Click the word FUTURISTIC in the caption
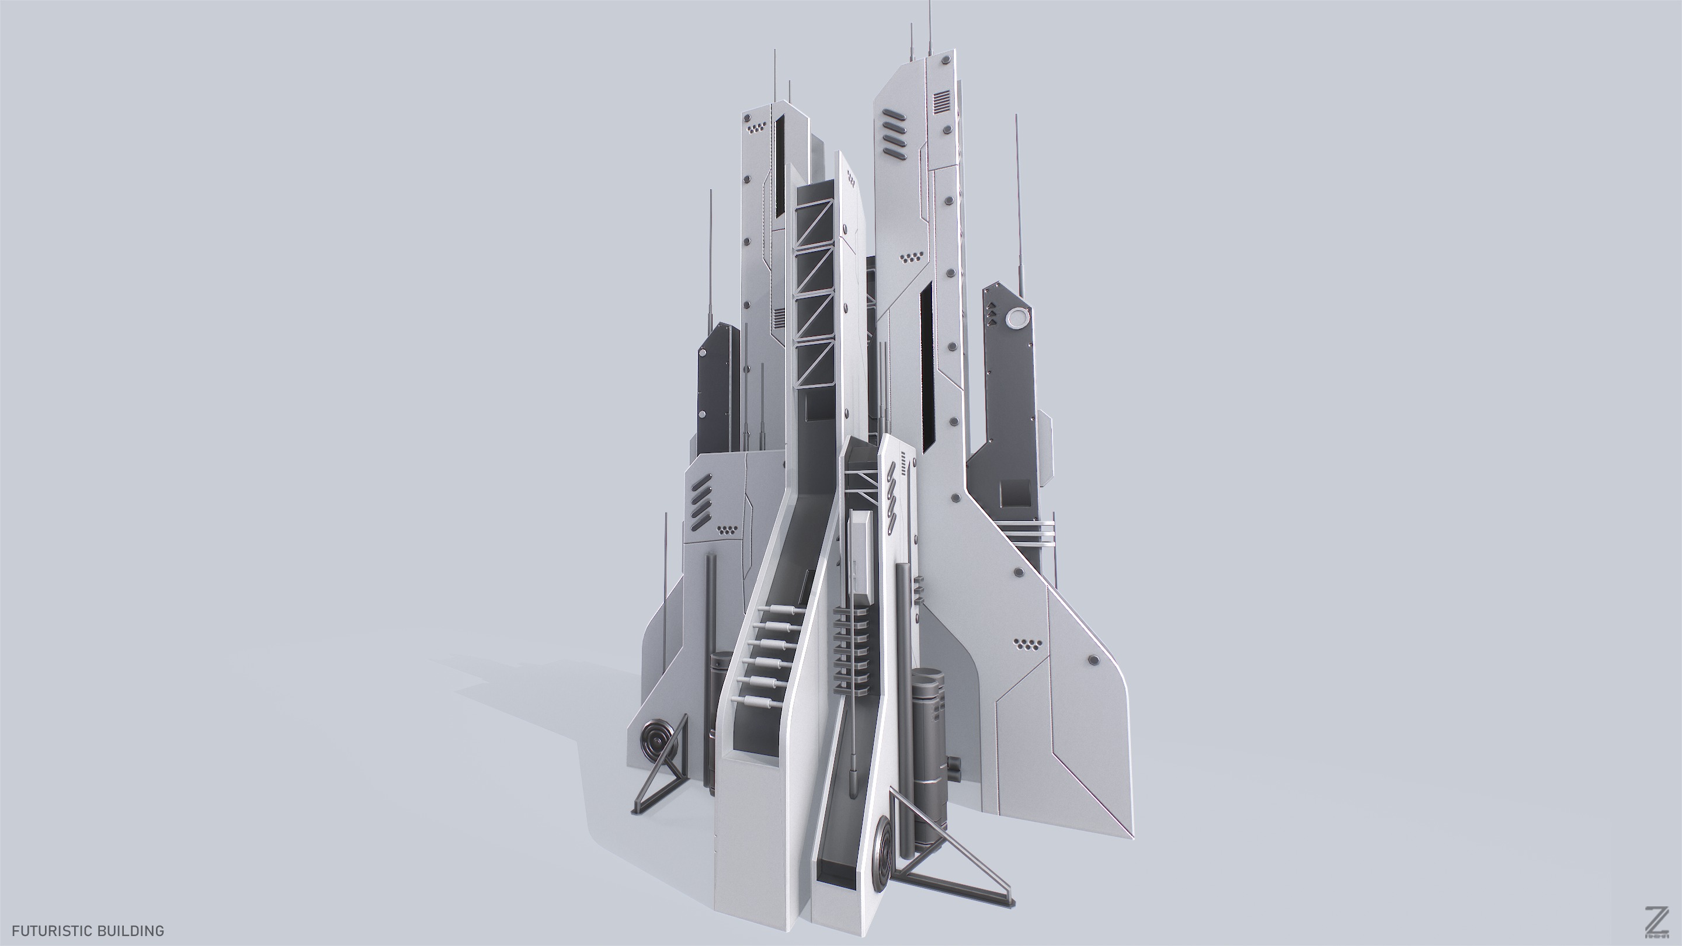(x=50, y=931)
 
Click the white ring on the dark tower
(x=1018, y=319)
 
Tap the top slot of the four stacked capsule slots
(x=891, y=118)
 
